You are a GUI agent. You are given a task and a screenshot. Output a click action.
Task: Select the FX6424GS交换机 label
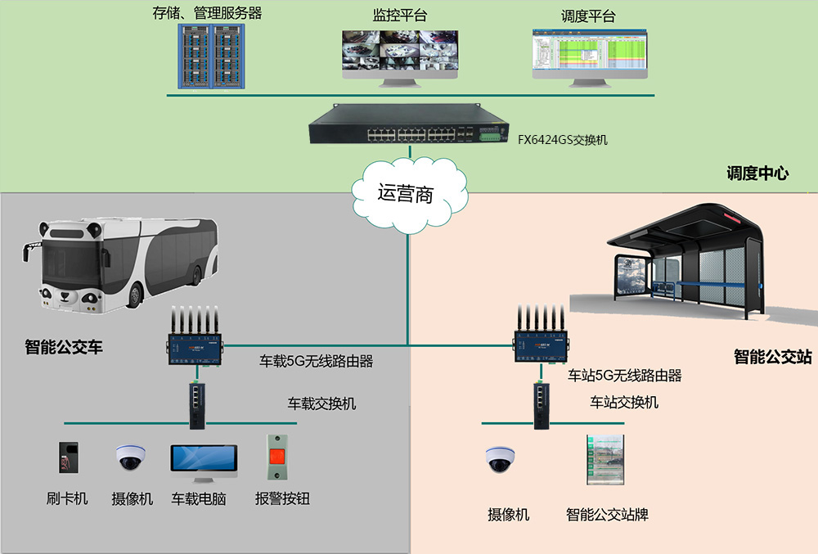tap(562, 140)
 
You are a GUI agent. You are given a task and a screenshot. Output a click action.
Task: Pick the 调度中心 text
tap(757, 173)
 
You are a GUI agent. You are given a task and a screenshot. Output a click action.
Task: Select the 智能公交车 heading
tap(64, 347)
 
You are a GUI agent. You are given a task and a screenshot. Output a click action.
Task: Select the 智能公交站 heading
tap(772, 357)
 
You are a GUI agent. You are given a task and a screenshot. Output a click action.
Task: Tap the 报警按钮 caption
tap(282, 498)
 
